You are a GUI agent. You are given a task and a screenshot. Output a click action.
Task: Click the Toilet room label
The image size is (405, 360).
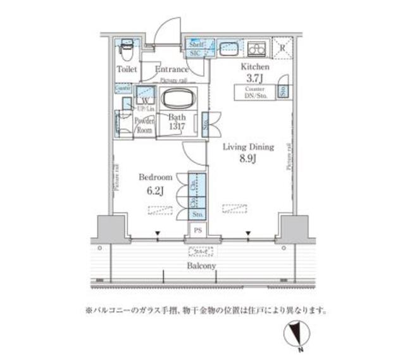(127, 69)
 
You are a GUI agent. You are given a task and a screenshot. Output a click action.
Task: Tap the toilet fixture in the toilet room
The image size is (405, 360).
(127, 47)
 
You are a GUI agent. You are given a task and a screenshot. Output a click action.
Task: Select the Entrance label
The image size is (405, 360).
(171, 69)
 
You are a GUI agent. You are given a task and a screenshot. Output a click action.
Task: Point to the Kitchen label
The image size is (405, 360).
(254, 66)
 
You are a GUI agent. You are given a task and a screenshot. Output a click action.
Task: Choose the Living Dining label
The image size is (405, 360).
(248, 147)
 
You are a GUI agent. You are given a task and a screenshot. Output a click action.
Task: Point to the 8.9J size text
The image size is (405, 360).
(247, 159)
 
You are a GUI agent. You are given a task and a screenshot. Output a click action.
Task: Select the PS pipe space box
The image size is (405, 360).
(198, 231)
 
